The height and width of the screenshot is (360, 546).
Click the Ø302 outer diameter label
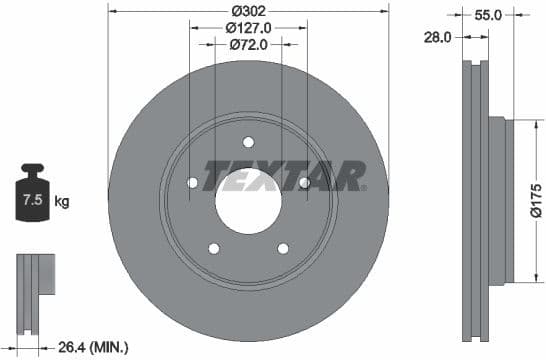pyautogui.click(x=248, y=10)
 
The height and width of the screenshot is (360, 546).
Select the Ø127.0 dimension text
pyautogui.click(x=248, y=27)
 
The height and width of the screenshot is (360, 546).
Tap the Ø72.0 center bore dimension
pyautogui.click(x=248, y=44)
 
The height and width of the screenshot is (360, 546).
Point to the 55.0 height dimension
pyautogui.click(x=487, y=15)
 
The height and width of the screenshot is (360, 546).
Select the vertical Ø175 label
pyautogui.click(x=535, y=200)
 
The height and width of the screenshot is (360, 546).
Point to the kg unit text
pyautogui.click(x=62, y=202)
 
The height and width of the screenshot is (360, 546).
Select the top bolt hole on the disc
pyautogui.click(x=248, y=141)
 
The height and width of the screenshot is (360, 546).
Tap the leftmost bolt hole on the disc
pyautogui.click(x=192, y=182)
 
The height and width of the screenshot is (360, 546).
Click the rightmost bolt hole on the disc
pyautogui.click(x=304, y=182)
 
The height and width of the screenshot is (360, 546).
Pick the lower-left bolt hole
pyautogui.click(x=213, y=248)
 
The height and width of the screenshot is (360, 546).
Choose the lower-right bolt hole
pyautogui.click(x=283, y=248)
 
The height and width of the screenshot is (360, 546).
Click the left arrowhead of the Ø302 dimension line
pyautogui.click(x=111, y=10)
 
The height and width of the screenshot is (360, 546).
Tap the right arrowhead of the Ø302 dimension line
pyautogui.click(x=385, y=10)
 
